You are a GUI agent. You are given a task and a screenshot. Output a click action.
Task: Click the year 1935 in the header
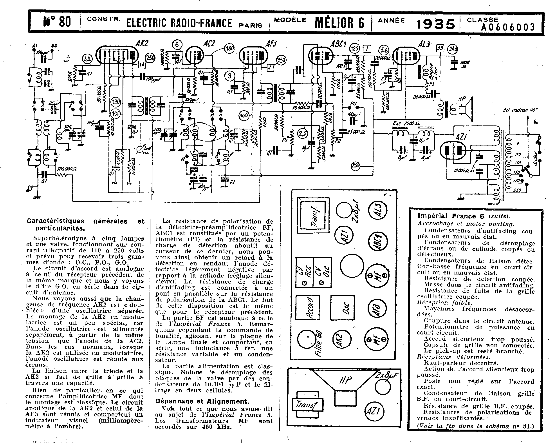tap(436, 24)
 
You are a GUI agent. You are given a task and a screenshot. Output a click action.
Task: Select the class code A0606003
tap(508, 27)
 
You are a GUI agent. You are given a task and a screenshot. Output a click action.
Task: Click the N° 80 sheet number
tap(57, 22)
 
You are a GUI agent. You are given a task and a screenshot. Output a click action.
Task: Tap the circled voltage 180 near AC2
tap(229, 48)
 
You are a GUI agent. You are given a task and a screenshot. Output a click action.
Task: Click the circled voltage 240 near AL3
tap(453, 49)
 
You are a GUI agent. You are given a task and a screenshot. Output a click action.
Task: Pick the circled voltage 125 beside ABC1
tap(355, 48)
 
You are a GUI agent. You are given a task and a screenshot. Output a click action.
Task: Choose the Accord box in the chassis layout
tap(307, 308)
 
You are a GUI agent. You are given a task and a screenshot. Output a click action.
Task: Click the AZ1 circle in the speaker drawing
tap(374, 411)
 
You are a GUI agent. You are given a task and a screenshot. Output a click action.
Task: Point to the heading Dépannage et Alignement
tap(202, 401)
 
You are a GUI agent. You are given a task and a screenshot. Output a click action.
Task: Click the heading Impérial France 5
tap(451, 216)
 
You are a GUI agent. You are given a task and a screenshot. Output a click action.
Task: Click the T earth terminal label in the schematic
tap(31, 189)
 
